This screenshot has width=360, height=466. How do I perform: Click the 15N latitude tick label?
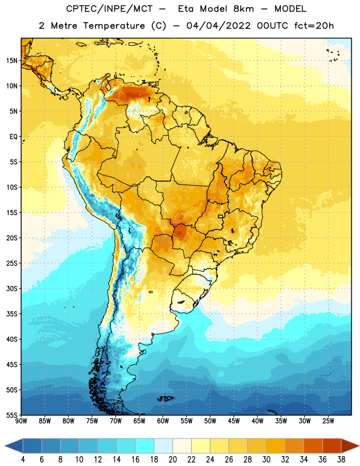coord(12,61)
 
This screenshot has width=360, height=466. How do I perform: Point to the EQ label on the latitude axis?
coord(13,137)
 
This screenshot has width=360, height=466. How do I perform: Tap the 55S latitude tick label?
coord(12,415)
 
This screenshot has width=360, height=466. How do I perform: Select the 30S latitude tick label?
coord(12,288)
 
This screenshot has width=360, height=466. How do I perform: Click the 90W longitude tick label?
coord(22,421)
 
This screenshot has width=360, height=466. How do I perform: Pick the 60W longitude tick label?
coord(163,421)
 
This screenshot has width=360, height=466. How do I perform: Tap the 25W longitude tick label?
coord(328,421)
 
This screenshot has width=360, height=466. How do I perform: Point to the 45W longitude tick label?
coord(234,421)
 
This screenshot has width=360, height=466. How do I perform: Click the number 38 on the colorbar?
coord(341,460)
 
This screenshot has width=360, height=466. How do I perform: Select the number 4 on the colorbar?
coord(23,460)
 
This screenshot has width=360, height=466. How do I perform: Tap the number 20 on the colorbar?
coord(172,460)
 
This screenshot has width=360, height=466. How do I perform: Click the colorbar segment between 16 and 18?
coord(145,446)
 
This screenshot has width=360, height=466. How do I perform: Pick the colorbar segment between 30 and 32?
coord(276,446)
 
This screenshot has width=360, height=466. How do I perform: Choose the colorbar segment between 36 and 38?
coord(332,446)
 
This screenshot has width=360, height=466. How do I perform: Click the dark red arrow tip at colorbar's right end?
coord(359,446)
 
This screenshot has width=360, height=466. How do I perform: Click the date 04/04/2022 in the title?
coord(218,26)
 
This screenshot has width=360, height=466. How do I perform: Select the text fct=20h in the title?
coord(314,26)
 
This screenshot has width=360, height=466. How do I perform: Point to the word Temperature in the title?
coord(114,26)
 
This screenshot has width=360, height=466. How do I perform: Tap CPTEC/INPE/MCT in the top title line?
coord(110,9)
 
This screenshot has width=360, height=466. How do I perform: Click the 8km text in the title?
coord(243,9)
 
